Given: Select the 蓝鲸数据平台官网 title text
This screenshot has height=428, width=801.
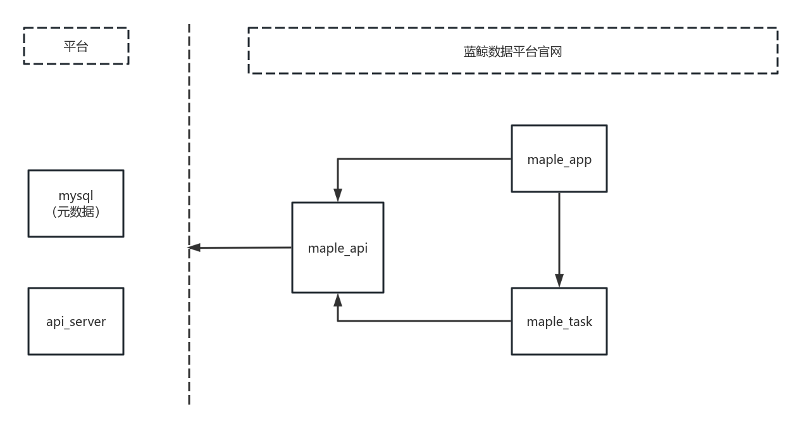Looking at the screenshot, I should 512,52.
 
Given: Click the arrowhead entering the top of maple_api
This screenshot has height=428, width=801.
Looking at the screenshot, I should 338,195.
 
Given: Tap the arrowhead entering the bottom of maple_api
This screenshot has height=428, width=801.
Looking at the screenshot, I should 338,299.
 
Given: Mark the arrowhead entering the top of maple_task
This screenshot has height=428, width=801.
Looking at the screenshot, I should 559,280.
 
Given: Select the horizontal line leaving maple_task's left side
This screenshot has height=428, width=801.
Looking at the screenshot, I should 424,321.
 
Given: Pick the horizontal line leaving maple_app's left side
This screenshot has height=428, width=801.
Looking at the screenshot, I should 424,159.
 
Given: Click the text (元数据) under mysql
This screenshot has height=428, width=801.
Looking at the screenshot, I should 76,212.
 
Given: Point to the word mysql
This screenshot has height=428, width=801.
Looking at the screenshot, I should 76,196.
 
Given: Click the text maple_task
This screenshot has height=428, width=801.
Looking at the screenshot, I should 559,322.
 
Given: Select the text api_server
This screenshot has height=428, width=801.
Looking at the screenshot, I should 76,322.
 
